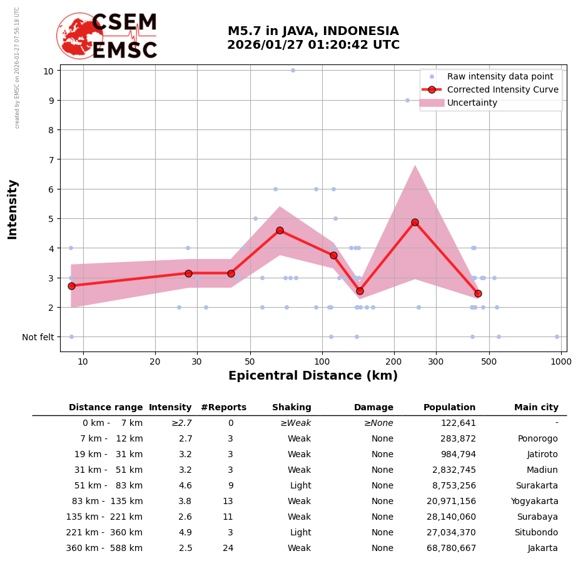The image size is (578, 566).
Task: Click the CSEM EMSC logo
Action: (x=107, y=36)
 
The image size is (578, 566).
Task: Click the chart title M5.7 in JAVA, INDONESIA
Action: (x=313, y=31)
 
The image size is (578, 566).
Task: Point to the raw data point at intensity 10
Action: (x=293, y=70)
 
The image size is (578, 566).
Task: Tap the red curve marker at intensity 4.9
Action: (x=415, y=222)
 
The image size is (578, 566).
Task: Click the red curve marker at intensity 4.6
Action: (x=280, y=230)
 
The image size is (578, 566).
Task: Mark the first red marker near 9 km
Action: (x=71, y=286)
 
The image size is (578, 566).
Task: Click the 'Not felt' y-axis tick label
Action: (x=38, y=337)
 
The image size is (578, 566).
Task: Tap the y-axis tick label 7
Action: (x=48, y=159)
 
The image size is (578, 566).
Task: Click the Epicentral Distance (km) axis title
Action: (x=313, y=376)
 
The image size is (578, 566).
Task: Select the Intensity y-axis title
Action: (x=13, y=209)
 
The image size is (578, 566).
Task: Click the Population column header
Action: (x=449, y=407)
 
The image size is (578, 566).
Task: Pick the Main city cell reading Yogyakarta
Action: (x=534, y=501)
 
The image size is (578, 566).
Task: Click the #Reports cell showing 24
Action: (x=228, y=548)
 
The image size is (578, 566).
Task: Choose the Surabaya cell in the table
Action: (x=537, y=517)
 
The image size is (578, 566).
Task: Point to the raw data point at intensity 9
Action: (x=407, y=100)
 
